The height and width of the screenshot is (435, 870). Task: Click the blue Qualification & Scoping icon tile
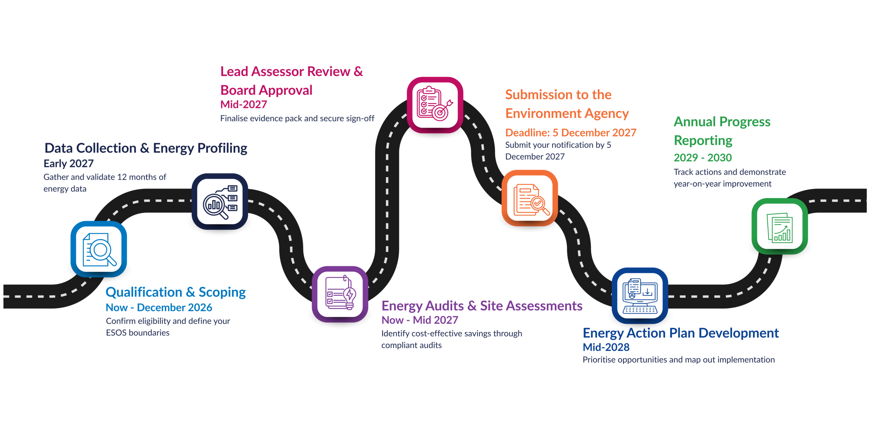(99, 249)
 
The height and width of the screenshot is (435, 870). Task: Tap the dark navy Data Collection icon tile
(220, 202)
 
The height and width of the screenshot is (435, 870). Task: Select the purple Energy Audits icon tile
(340, 294)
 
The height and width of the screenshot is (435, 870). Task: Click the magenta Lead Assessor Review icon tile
(435, 105)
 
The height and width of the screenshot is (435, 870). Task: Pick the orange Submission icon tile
(529, 198)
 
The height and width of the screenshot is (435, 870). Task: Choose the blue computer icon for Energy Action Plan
(640, 295)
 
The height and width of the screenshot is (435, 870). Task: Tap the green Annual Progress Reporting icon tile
(780, 226)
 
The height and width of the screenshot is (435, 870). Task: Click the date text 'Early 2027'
(69, 163)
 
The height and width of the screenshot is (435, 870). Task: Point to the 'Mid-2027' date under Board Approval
(244, 104)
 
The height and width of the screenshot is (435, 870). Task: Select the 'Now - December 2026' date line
(159, 308)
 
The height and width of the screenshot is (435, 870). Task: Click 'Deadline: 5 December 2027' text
(571, 133)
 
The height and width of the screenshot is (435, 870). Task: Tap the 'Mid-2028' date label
(606, 347)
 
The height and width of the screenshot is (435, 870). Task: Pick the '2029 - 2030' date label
(702, 158)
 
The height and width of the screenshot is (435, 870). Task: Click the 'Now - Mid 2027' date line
(420, 320)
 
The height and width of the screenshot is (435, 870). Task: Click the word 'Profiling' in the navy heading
(222, 148)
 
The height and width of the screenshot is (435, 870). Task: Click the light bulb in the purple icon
(350, 295)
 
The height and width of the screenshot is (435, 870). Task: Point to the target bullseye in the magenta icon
(440, 112)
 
